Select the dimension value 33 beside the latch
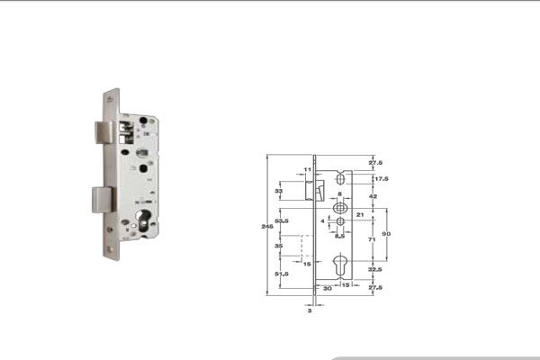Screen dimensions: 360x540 (x=279, y=192)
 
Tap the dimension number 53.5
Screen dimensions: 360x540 (x=282, y=220)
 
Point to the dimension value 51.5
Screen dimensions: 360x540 (x=282, y=274)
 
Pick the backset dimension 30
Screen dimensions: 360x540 (x=328, y=288)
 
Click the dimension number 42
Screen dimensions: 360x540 (x=373, y=195)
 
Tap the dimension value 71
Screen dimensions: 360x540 (x=373, y=241)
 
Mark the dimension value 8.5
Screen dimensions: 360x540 (x=340, y=236)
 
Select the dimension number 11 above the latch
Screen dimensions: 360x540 (x=307, y=169)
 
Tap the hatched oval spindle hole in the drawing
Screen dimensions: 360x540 (x=340, y=207)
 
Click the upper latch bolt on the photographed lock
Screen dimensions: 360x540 (x=103, y=132)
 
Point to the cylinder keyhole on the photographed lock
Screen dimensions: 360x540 (x=145, y=219)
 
